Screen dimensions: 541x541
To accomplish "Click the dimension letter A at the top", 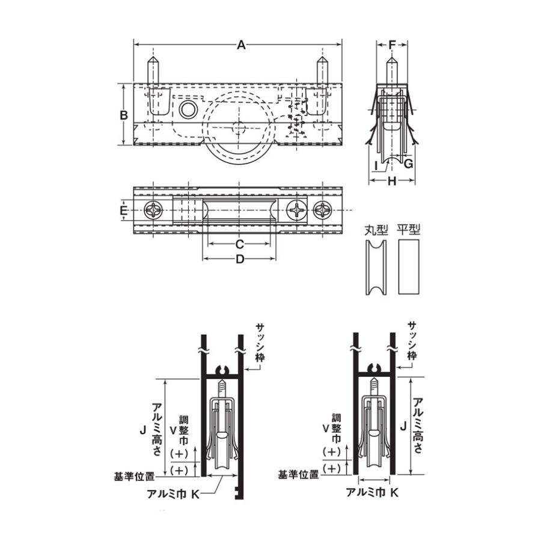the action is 241,45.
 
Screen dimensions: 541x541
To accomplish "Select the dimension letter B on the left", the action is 123,115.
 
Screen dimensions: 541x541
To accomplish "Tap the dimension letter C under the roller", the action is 239,244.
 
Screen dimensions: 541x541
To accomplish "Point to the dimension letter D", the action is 240,258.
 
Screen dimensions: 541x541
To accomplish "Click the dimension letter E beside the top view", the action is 123,210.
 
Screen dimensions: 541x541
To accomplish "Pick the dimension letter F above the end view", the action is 393,45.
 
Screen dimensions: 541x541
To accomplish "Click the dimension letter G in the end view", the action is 408,164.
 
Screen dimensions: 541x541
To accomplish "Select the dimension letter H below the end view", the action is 391,181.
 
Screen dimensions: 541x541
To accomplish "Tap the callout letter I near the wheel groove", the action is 376,166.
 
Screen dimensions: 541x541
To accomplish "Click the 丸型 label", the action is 376,230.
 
